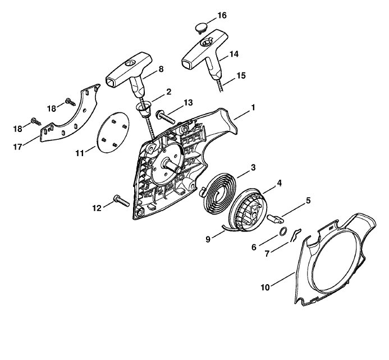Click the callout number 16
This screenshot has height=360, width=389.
pos(222,15)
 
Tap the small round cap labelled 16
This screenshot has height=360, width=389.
pos(201,27)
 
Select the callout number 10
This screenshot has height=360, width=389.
pos(265,288)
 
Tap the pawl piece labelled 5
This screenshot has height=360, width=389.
pos(276,218)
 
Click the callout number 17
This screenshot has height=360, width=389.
pos(17,147)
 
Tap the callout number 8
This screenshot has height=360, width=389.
pos(161,69)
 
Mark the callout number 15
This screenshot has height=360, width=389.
pos(241,75)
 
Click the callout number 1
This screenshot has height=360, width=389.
pos(253,107)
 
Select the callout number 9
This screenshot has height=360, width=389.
pos(208,239)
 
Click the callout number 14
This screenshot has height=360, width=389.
pos(234,54)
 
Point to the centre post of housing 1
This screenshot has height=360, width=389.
pos(171,166)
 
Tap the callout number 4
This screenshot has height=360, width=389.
pos(280,183)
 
